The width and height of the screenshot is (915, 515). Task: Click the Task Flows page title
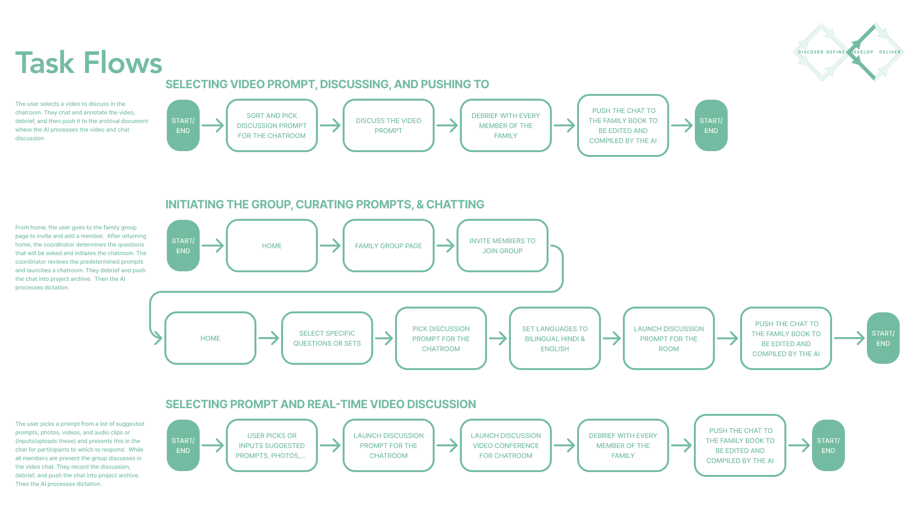pos(89,62)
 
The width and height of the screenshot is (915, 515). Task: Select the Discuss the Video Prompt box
pos(388,125)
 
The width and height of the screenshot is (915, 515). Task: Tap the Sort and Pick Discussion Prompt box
pos(272,125)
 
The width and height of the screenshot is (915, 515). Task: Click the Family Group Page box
pos(388,246)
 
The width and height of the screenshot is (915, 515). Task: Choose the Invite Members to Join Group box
pos(502,246)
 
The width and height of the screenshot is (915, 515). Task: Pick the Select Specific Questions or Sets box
pos(327,338)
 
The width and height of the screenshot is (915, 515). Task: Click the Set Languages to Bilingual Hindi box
pos(555,338)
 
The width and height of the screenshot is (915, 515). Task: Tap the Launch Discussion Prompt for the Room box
pos(669,338)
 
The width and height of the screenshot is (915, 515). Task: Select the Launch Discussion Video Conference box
pos(506,445)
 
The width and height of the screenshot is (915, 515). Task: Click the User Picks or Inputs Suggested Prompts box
pos(272,445)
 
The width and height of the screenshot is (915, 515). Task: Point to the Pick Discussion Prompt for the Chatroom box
pos(441,338)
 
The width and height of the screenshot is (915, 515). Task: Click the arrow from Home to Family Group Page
pos(330,246)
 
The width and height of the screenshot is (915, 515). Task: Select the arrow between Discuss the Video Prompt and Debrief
pos(447,125)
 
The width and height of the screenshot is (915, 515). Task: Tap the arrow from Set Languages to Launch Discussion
pos(612,338)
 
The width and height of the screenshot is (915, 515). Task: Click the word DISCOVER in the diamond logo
pos(811,52)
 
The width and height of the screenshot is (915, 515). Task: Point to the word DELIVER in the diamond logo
pos(890,52)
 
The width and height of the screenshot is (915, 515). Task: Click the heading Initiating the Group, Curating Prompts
pos(325,204)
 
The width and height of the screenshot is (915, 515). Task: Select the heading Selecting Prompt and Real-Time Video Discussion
pos(320,404)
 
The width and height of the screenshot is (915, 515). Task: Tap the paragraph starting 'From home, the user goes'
pos(81,257)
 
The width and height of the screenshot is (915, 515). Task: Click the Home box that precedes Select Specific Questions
pos(210,338)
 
